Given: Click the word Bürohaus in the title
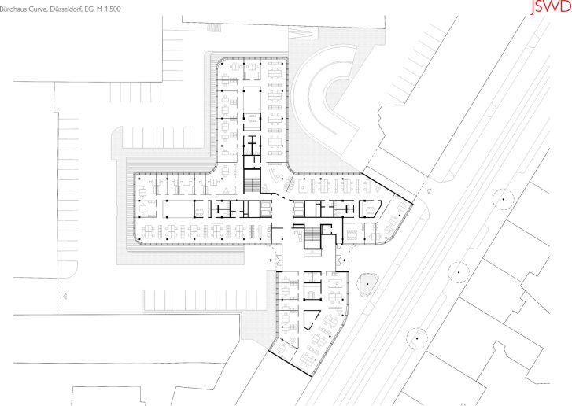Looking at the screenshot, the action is coord(11,9).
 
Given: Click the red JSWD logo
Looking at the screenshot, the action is coord(551,6).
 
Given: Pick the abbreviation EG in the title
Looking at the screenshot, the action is coord(89,9).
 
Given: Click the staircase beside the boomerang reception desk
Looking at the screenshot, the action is coord(252,181).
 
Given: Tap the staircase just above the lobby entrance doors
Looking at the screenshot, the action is coord(312,236).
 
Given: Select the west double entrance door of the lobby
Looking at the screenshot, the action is coord(279,260).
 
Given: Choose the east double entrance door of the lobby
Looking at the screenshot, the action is coord(339,260).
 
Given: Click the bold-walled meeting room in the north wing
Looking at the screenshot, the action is coord(252,121).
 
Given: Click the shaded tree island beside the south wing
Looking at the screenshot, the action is coord(367,284).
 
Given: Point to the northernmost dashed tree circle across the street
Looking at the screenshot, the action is coord(503,199).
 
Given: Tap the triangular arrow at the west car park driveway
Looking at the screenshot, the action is coord(65,296).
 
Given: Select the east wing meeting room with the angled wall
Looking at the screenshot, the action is coord(370,209).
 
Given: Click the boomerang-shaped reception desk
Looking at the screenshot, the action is coord(275,175).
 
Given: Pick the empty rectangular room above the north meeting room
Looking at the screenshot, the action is coord(252,99).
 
